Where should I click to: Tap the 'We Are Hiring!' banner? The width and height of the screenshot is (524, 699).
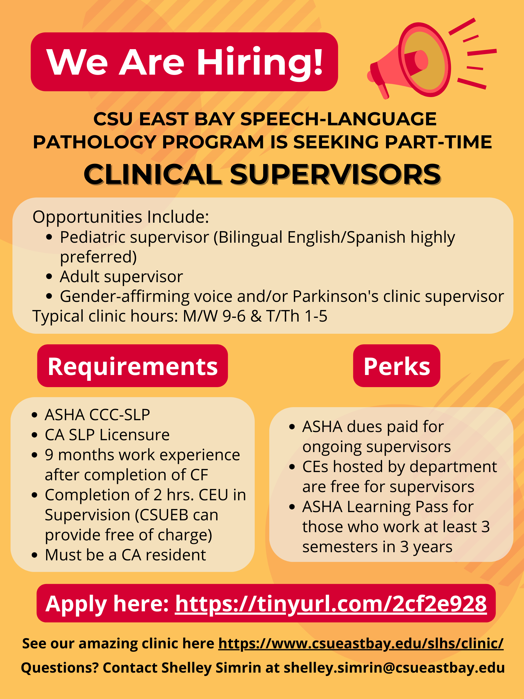pos(184,62)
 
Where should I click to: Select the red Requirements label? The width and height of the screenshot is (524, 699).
pos(132,366)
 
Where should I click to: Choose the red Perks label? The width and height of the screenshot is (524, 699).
pos(396,366)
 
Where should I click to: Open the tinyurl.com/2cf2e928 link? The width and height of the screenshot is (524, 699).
pos(331,603)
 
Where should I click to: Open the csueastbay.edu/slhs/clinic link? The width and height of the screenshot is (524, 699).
pos(361,643)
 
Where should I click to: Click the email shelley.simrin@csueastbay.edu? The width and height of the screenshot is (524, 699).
pos(394,668)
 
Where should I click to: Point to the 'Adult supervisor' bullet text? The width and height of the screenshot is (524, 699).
pos(121,277)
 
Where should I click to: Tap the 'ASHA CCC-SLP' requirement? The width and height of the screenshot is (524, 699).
pos(97,415)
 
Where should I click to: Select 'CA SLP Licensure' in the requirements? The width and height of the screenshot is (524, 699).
pos(107,435)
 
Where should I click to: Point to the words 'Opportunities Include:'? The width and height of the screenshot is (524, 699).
pos(121,217)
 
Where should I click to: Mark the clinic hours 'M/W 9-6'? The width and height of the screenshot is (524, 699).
pos(214,316)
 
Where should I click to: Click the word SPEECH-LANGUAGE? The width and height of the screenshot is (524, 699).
pos(338,119)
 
